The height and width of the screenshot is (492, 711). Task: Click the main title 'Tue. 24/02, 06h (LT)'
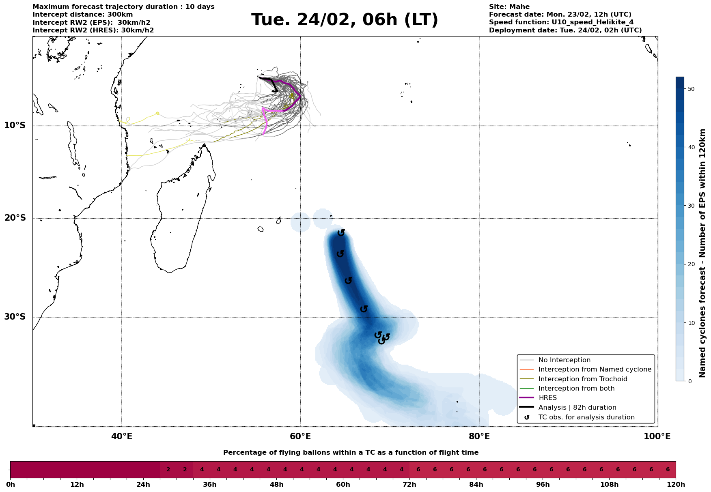pos(345,20)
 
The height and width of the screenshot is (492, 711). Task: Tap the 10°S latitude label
pos(15,125)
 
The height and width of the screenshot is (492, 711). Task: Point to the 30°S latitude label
pos(15,317)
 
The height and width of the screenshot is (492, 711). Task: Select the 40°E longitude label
pos(122,436)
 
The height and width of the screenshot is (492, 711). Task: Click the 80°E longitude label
pos(479,436)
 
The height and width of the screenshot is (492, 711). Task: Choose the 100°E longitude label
pos(657,436)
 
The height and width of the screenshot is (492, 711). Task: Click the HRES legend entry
pos(547,398)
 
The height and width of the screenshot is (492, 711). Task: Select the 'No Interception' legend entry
pos(564,360)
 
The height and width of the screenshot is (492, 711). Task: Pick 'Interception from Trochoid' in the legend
pos(583,379)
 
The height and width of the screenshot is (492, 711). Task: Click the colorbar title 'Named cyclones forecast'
pos(703,253)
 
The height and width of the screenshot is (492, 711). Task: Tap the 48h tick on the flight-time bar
pos(277,485)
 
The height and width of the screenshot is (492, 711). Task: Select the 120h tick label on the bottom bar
pos(676,485)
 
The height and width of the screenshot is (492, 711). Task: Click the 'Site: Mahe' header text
pos(509,7)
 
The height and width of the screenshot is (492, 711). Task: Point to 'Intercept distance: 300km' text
pos(83,15)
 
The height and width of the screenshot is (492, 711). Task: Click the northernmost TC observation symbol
pos(341,233)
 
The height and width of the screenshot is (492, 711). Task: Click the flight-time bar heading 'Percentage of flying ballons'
pos(351,453)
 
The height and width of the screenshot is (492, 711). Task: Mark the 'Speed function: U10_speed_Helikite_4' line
pos(561,22)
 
